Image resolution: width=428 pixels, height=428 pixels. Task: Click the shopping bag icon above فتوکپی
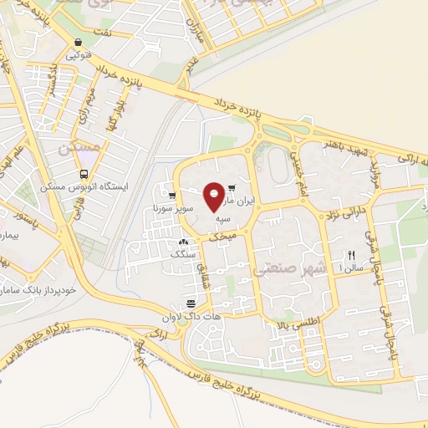point(78,43)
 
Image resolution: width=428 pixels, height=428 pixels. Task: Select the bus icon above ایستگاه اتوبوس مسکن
point(83,174)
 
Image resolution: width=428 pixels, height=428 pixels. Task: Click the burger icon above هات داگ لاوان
point(191,302)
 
